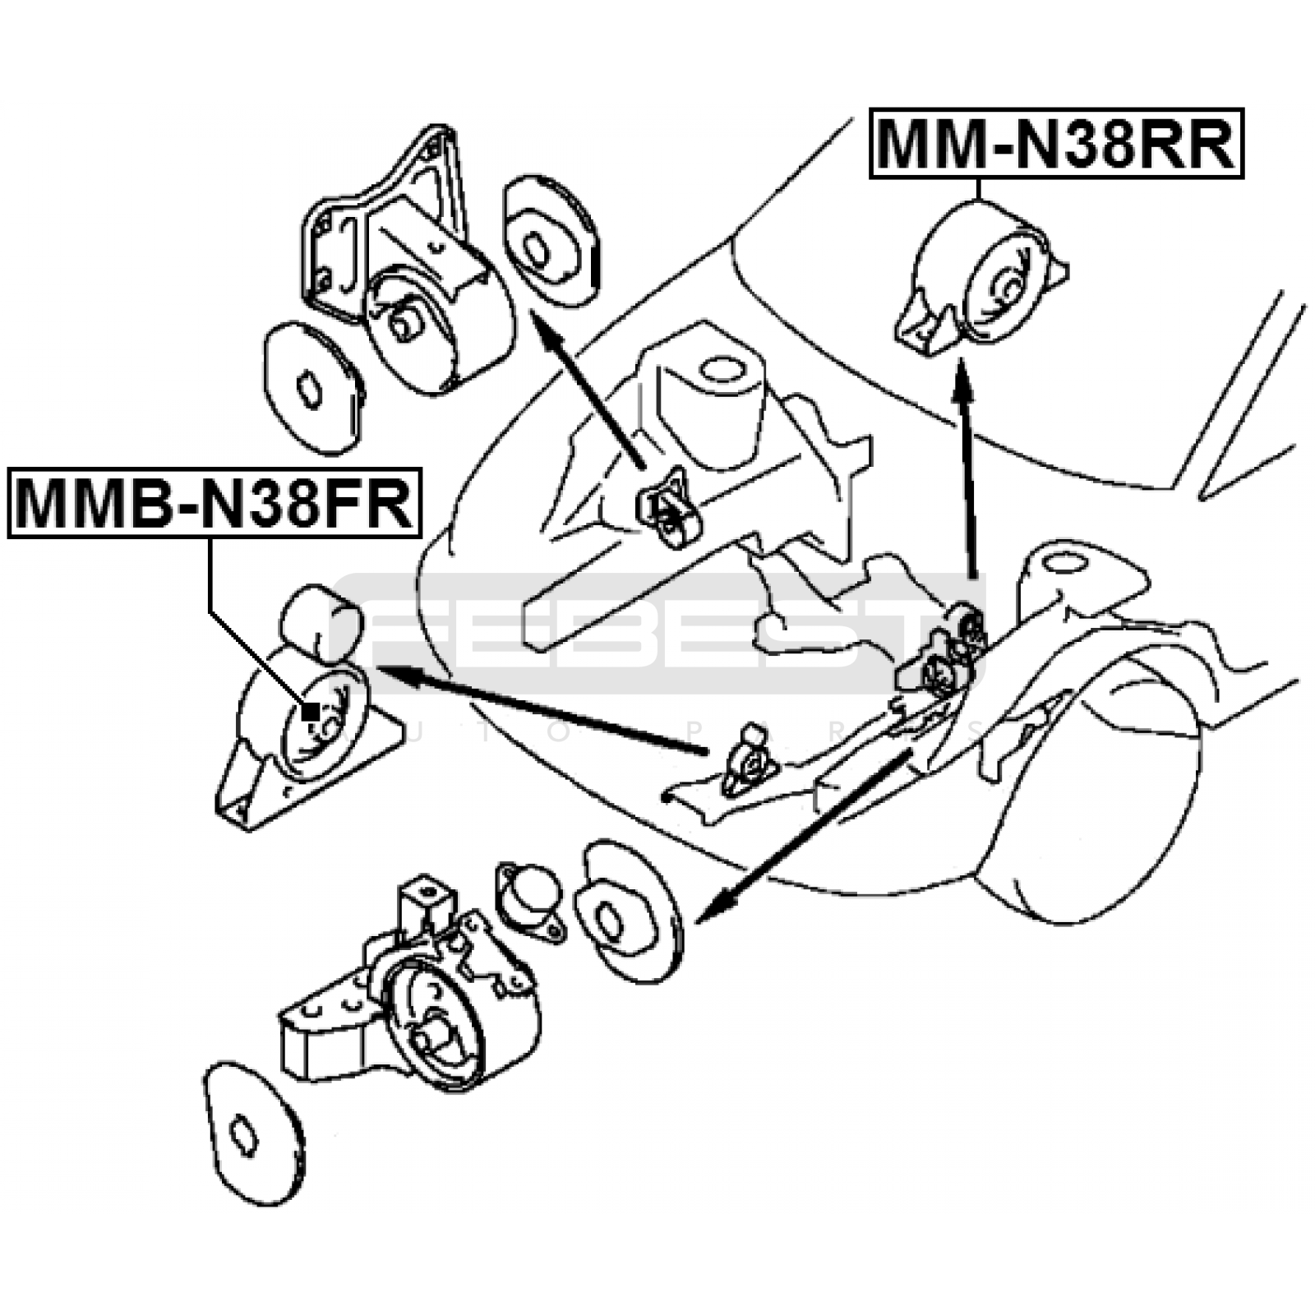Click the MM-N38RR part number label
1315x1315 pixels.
tap(1056, 144)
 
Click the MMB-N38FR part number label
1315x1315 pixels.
tap(214, 503)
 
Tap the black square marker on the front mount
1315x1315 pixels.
tap(311, 711)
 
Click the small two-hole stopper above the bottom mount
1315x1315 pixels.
tap(531, 897)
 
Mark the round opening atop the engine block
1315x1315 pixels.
tap(722, 369)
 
